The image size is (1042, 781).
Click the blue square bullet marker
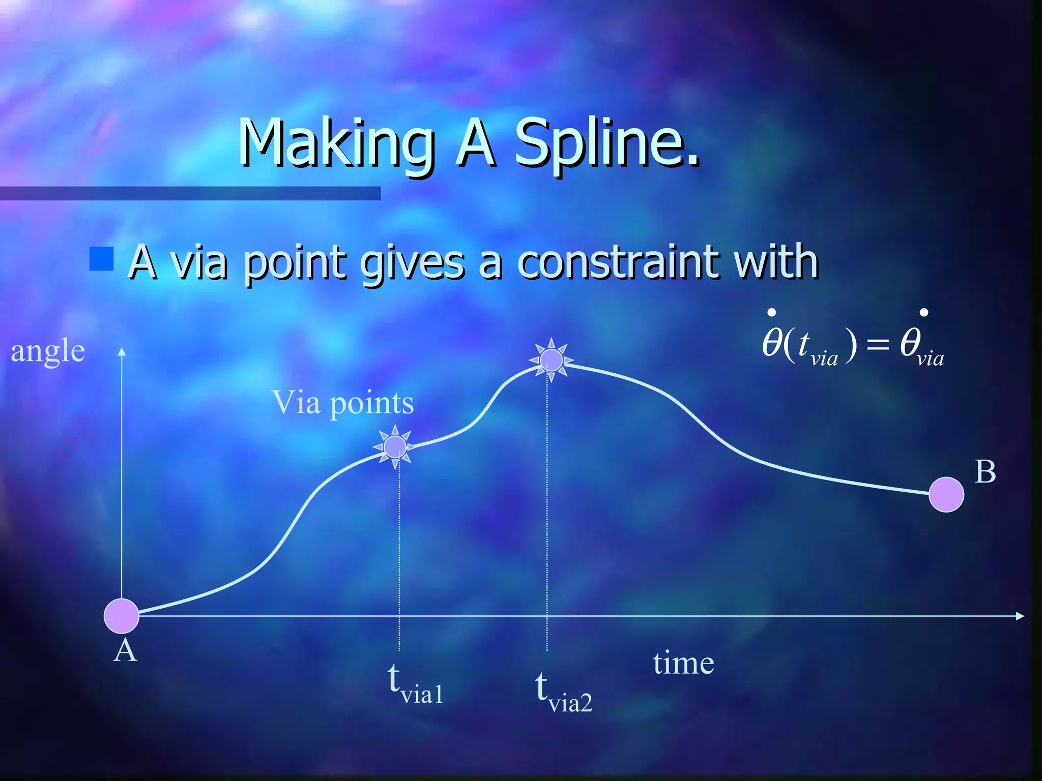point(101,259)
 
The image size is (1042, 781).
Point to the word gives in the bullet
point(412,263)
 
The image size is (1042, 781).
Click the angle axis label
point(48,351)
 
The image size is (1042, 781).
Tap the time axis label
point(683,663)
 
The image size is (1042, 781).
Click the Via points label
point(343,403)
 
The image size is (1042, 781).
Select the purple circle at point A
point(122,616)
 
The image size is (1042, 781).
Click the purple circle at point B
point(946,494)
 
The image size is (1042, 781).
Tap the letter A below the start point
point(125,650)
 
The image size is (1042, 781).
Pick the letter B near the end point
point(985,472)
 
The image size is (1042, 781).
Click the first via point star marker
point(395,447)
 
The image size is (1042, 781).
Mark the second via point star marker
point(551,360)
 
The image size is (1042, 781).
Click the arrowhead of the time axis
point(1020,616)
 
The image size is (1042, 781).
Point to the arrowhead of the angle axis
point(122,351)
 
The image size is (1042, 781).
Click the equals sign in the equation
point(877,346)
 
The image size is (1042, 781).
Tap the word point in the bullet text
point(294,263)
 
